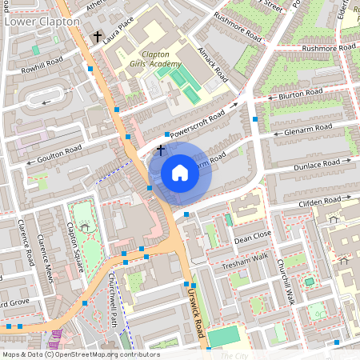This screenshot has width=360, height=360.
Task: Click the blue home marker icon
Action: [x=180, y=173]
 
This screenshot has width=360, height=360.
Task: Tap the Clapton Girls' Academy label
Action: [x=157, y=59]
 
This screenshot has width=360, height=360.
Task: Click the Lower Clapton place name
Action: [x=42, y=22]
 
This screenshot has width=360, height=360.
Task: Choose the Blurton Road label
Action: [x=301, y=95]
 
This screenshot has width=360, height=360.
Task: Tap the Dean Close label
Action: [x=253, y=237]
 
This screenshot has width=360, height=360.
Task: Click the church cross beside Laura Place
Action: [x=98, y=37]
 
